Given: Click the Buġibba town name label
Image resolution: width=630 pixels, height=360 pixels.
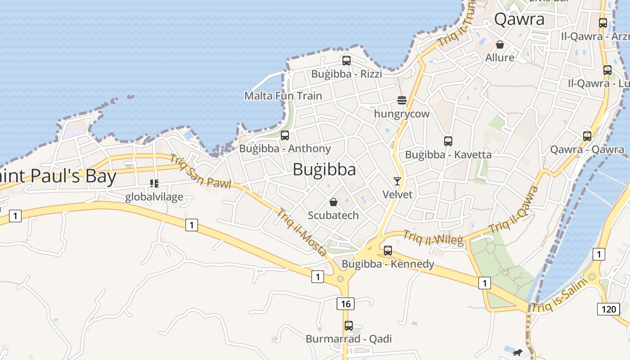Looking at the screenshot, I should [x=324, y=170].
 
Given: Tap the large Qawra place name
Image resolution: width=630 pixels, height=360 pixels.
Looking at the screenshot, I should [x=519, y=19].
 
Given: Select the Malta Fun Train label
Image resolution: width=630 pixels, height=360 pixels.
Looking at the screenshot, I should [x=283, y=96].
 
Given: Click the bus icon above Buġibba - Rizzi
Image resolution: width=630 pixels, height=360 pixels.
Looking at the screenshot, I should [x=346, y=61].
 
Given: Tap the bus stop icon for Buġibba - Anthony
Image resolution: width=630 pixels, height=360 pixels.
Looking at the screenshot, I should [x=284, y=135].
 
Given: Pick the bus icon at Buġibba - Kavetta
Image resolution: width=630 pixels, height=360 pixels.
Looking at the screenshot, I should [x=448, y=141].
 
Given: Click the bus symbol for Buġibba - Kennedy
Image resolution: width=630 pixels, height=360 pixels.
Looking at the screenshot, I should [x=387, y=251].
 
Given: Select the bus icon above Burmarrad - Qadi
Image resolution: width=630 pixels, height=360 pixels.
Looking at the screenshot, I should [x=348, y=326].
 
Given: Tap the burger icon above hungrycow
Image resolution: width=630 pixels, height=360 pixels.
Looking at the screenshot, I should [x=401, y=100].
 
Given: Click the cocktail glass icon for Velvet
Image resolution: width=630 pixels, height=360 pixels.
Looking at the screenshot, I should [x=397, y=181].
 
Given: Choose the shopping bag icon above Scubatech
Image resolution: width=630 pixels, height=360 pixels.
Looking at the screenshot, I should [x=333, y=202].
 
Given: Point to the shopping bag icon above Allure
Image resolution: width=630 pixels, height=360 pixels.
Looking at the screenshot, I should [x=499, y=45].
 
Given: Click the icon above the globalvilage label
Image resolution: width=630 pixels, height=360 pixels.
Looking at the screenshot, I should [x=154, y=184].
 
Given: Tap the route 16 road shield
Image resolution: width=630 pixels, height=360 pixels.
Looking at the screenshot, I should [x=345, y=304].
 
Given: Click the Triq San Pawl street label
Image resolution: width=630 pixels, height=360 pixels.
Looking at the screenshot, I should [x=200, y=171].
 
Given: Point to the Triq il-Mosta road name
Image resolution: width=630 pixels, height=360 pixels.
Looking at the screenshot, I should [x=301, y=232].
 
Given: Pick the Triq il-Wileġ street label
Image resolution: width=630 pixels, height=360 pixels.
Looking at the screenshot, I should [x=433, y=238].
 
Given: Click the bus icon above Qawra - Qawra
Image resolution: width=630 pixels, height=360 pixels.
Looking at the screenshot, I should [x=587, y=136].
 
